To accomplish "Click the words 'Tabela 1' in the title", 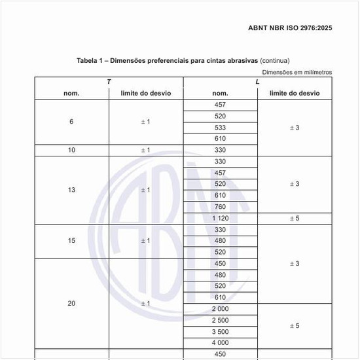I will (x=91, y=61).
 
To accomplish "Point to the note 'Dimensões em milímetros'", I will (x=297, y=72).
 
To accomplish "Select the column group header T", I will (x=109, y=82).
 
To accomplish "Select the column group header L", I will (x=257, y=82).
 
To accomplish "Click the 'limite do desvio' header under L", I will (x=295, y=93).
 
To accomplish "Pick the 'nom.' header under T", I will (x=71, y=93).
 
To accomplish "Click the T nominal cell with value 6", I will (x=71, y=122).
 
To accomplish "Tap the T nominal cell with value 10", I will (x=71, y=150).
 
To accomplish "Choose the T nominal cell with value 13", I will (x=71, y=190).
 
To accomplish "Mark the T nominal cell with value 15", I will (x=71, y=241).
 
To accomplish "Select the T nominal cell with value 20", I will (x=71, y=304).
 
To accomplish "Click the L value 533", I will (x=220, y=127).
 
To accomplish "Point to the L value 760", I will (x=220, y=207).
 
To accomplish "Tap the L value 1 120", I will (x=220, y=218).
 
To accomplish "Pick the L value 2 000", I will (x=220, y=308).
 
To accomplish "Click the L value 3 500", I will (x=220, y=331).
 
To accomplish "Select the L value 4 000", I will (x=220, y=342).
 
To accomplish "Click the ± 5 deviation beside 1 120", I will (x=295, y=218).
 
